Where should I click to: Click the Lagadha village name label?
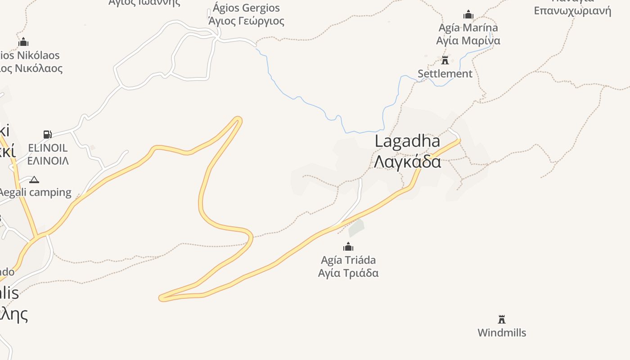pyautogui.click(x=407, y=141)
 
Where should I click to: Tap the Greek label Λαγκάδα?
pyautogui.click(x=407, y=161)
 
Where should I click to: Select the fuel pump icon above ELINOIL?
pyautogui.click(x=47, y=134)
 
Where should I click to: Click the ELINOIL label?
pyautogui.click(x=48, y=148)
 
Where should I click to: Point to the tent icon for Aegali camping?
pyautogui.click(x=34, y=180)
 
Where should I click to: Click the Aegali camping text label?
pyautogui.click(x=35, y=193)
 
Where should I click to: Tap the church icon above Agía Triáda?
pyautogui.click(x=348, y=247)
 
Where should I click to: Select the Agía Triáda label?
pyautogui.click(x=348, y=260)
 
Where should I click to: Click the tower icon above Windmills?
pyautogui.click(x=502, y=319)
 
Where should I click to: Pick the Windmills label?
pyautogui.click(x=502, y=333)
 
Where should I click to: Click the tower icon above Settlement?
pyautogui.click(x=445, y=60)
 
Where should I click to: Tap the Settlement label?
pyautogui.click(x=445, y=74)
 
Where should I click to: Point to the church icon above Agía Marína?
pyautogui.click(x=468, y=14)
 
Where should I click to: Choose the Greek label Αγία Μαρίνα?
pyautogui.click(x=468, y=41)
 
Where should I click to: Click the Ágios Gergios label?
pyautogui.click(x=246, y=8)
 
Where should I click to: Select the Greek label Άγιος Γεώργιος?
pyautogui.click(x=246, y=21)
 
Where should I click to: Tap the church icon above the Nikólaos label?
pyautogui.click(x=23, y=42)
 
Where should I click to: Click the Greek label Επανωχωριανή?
pyautogui.click(x=572, y=11)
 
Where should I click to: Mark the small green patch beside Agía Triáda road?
pyautogui.click(x=356, y=227)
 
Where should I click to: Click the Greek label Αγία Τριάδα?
pyautogui.click(x=348, y=273)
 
